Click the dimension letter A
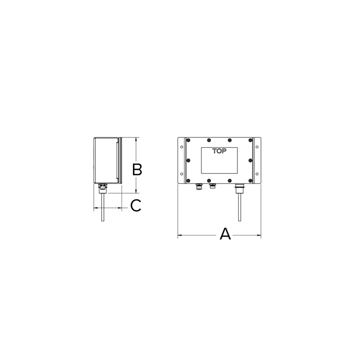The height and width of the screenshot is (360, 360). (225, 235)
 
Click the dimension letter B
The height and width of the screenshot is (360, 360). (137, 170)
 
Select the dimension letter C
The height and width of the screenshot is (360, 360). (136, 206)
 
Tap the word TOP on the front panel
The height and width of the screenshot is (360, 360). (219, 151)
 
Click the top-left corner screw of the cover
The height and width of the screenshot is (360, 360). (189, 140)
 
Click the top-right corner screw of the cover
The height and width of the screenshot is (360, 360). (250, 140)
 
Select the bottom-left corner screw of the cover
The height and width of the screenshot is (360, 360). (189, 180)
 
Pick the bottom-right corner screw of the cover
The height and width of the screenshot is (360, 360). (250, 180)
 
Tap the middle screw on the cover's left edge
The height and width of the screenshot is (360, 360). (189, 160)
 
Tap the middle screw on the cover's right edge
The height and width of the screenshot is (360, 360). (250, 160)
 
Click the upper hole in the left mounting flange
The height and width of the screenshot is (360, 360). (181, 146)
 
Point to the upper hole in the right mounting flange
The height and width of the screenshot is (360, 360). (257, 146)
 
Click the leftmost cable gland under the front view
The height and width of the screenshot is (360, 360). (199, 186)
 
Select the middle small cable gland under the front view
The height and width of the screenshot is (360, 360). (212, 185)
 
